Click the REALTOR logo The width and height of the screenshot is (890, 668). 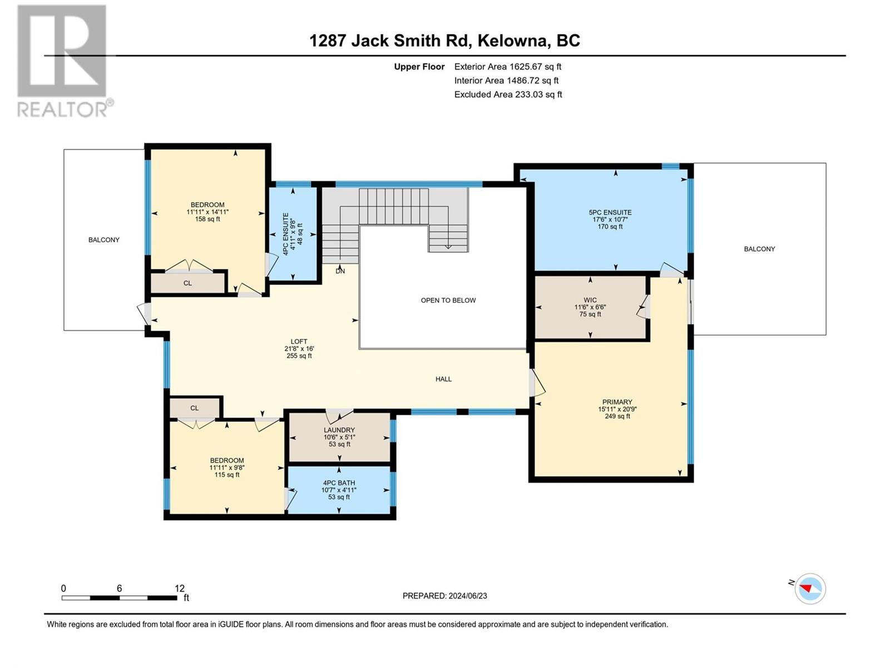coord(65,61)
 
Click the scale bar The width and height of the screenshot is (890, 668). coord(119,598)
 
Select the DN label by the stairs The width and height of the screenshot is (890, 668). coord(340,271)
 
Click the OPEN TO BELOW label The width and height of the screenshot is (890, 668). coord(448,301)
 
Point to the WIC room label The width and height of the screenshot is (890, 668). coord(590,300)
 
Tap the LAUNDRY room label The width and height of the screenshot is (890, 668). coord(339,430)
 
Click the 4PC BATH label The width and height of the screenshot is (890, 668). coord(339,483)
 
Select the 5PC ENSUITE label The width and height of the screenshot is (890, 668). coord(610,213)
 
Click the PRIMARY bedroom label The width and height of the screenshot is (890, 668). coord(617,402)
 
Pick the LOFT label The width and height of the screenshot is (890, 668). coord(299,341)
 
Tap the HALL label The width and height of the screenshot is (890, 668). coord(443,379)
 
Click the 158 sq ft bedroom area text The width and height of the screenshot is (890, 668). coord(207,219)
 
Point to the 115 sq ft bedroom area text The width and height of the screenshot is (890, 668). coord(227,474)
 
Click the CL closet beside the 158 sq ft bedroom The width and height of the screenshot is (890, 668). coord(187,283)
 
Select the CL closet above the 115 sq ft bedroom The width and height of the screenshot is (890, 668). coord(194,408)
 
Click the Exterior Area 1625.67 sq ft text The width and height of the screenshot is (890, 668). coord(508,66)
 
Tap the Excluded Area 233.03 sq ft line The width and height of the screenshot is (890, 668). coord(508,95)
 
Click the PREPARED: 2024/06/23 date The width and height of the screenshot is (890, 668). coord(445,596)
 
